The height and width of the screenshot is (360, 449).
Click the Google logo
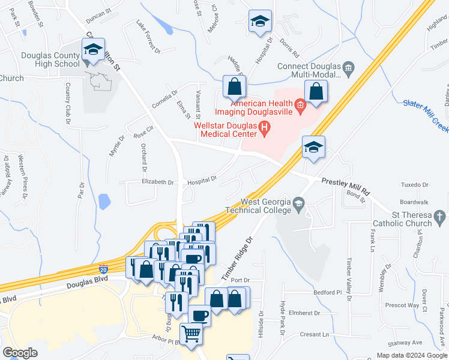tap(20, 353)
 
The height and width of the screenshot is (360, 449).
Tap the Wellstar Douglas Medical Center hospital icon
tap(263, 127)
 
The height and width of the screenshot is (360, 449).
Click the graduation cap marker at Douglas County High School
tap(93, 50)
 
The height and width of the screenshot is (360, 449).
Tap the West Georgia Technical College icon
tap(299, 205)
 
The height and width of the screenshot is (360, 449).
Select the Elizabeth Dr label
tap(157, 182)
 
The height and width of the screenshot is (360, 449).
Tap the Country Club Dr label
tap(67, 104)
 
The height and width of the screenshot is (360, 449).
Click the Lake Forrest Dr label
tap(148, 35)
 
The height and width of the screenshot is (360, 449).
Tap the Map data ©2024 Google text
tap(411, 355)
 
